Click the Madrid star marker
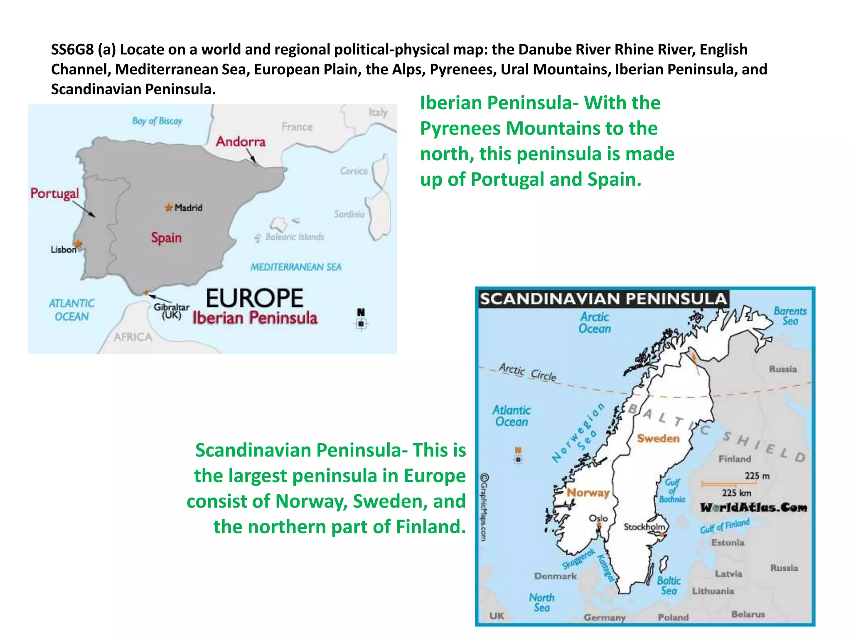tap(168, 207)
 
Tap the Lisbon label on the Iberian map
tap(64, 250)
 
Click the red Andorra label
tap(241, 142)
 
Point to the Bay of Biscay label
tap(157, 121)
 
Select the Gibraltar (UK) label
tap(171, 311)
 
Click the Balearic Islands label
tap(295, 237)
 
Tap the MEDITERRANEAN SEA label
tap(295, 267)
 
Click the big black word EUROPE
tap(254, 298)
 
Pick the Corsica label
tap(354, 171)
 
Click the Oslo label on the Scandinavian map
tap(598, 518)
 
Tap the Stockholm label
tap(644, 527)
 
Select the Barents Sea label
tap(790, 316)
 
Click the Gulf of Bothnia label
tap(672, 491)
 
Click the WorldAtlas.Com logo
tap(753, 507)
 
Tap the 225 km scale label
tap(736, 493)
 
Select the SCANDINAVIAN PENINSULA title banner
tap(603, 299)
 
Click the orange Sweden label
tap(658, 438)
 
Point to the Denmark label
tap(556, 576)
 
